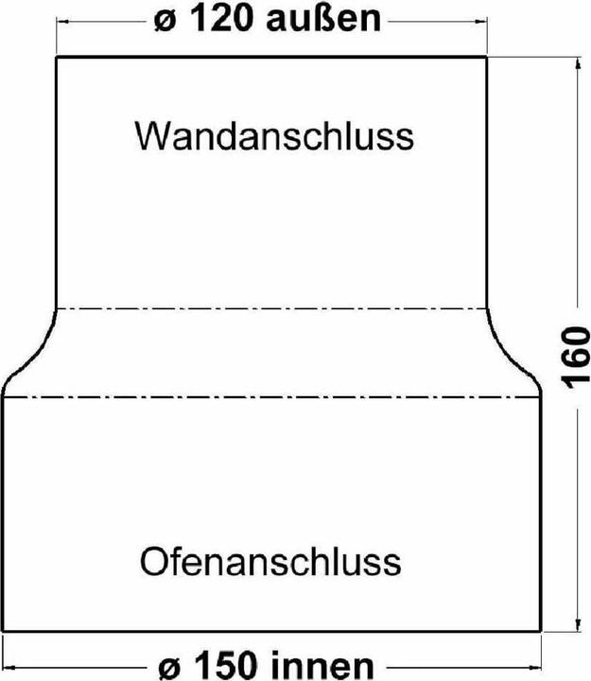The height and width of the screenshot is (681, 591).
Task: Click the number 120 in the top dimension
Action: [x=223, y=20]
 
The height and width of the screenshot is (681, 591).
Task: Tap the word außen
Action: [x=324, y=20]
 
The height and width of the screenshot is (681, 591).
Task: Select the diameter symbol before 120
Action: [x=165, y=22]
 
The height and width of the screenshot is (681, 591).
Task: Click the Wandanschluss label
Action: [x=274, y=136]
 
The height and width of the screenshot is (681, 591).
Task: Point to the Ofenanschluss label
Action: [x=270, y=562]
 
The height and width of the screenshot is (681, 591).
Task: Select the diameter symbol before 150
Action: [x=169, y=668]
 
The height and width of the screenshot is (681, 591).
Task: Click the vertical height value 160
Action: [x=576, y=358]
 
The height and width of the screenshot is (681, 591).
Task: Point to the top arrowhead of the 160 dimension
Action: [x=578, y=64]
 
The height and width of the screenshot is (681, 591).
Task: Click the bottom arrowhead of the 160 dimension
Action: [x=578, y=624]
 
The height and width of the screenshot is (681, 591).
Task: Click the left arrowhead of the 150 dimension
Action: [x=9, y=666]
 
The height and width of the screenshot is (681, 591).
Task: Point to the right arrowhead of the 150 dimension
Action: [x=534, y=666]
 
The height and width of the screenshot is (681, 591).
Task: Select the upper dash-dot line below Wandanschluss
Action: [x=271, y=309]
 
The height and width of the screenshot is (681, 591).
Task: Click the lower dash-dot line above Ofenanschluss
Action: [x=271, y=396]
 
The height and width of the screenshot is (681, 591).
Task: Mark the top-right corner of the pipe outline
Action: [x=486, y=57]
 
